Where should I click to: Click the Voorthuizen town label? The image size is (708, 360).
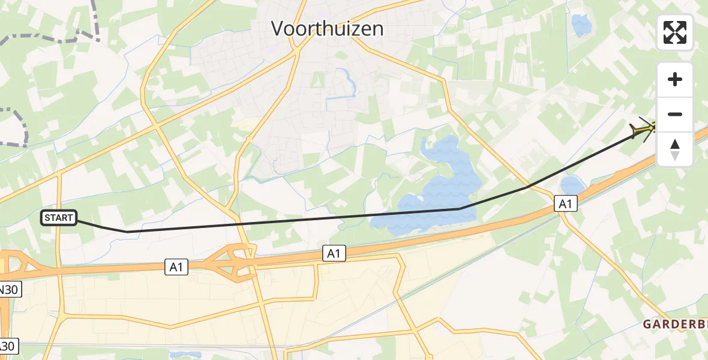click(327, 28)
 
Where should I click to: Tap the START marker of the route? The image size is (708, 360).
click(59, 218)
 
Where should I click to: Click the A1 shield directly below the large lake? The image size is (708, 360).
click(334, 253)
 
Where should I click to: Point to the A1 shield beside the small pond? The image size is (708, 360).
click(565, 204)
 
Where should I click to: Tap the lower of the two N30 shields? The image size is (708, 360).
click(8, 346)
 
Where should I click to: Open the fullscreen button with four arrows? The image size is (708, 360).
click(675, 32)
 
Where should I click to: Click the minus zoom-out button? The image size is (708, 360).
click(675, 114)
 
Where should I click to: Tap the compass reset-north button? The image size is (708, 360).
click(675, 149)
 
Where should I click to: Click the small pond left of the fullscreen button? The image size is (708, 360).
click(581, 25)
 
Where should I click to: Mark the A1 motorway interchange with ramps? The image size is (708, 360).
click(237, 264)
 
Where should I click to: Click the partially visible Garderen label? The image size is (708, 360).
click(675, 325)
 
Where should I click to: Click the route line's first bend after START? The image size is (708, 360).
click(127, 232)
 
